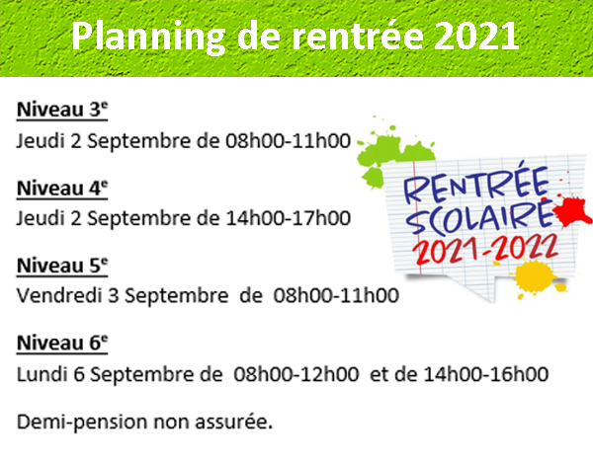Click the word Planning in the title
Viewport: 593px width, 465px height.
[x=148, y=37]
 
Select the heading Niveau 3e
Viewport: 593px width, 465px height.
[x=62, y=110]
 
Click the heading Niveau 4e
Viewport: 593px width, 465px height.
[x=62, y=188]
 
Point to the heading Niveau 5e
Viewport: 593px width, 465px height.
[x=62, y=266]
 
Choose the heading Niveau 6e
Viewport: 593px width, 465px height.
[x=62, y=343]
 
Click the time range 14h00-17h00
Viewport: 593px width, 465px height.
[x=289, y=218]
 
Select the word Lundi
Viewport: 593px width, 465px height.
[x=42, y=374]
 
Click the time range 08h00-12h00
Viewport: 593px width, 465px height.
[x=296, y=374]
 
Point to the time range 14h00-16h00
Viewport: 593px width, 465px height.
[x=486, y=374]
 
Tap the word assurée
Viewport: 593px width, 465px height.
[x=233, y=423]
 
